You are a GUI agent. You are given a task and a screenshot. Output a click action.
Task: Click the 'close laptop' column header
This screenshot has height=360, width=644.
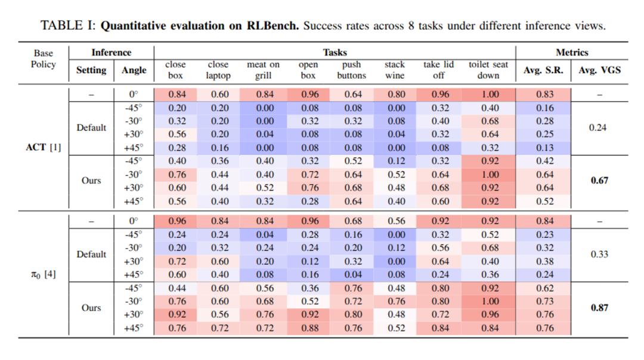point(218,70)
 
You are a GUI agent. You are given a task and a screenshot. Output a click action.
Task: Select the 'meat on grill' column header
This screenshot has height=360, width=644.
point(263,70)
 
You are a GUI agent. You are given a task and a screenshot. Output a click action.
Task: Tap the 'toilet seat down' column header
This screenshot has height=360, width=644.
point(488,70)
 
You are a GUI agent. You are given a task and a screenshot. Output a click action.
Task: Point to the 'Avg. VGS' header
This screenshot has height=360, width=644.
point(599,70)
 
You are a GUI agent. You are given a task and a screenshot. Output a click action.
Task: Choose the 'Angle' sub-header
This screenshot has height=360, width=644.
point(134,70)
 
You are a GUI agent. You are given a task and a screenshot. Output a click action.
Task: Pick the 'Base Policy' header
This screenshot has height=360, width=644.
point(44,58)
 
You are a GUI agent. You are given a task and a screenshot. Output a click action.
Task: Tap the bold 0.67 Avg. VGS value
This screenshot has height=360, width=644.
point(599,181)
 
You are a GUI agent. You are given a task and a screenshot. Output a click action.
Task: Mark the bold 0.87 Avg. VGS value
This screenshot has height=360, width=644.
point(599,308)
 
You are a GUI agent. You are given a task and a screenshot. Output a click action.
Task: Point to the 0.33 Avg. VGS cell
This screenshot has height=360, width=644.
point(599,255)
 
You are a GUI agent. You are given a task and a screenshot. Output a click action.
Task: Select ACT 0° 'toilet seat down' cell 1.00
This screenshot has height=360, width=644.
point(488,94)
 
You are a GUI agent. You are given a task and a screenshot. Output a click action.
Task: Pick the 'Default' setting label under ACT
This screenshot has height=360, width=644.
point(91,128)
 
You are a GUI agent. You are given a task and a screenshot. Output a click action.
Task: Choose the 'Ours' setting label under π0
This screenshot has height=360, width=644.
point(91,308)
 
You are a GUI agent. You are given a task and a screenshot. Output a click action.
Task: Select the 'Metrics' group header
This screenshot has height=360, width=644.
point(572,52)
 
